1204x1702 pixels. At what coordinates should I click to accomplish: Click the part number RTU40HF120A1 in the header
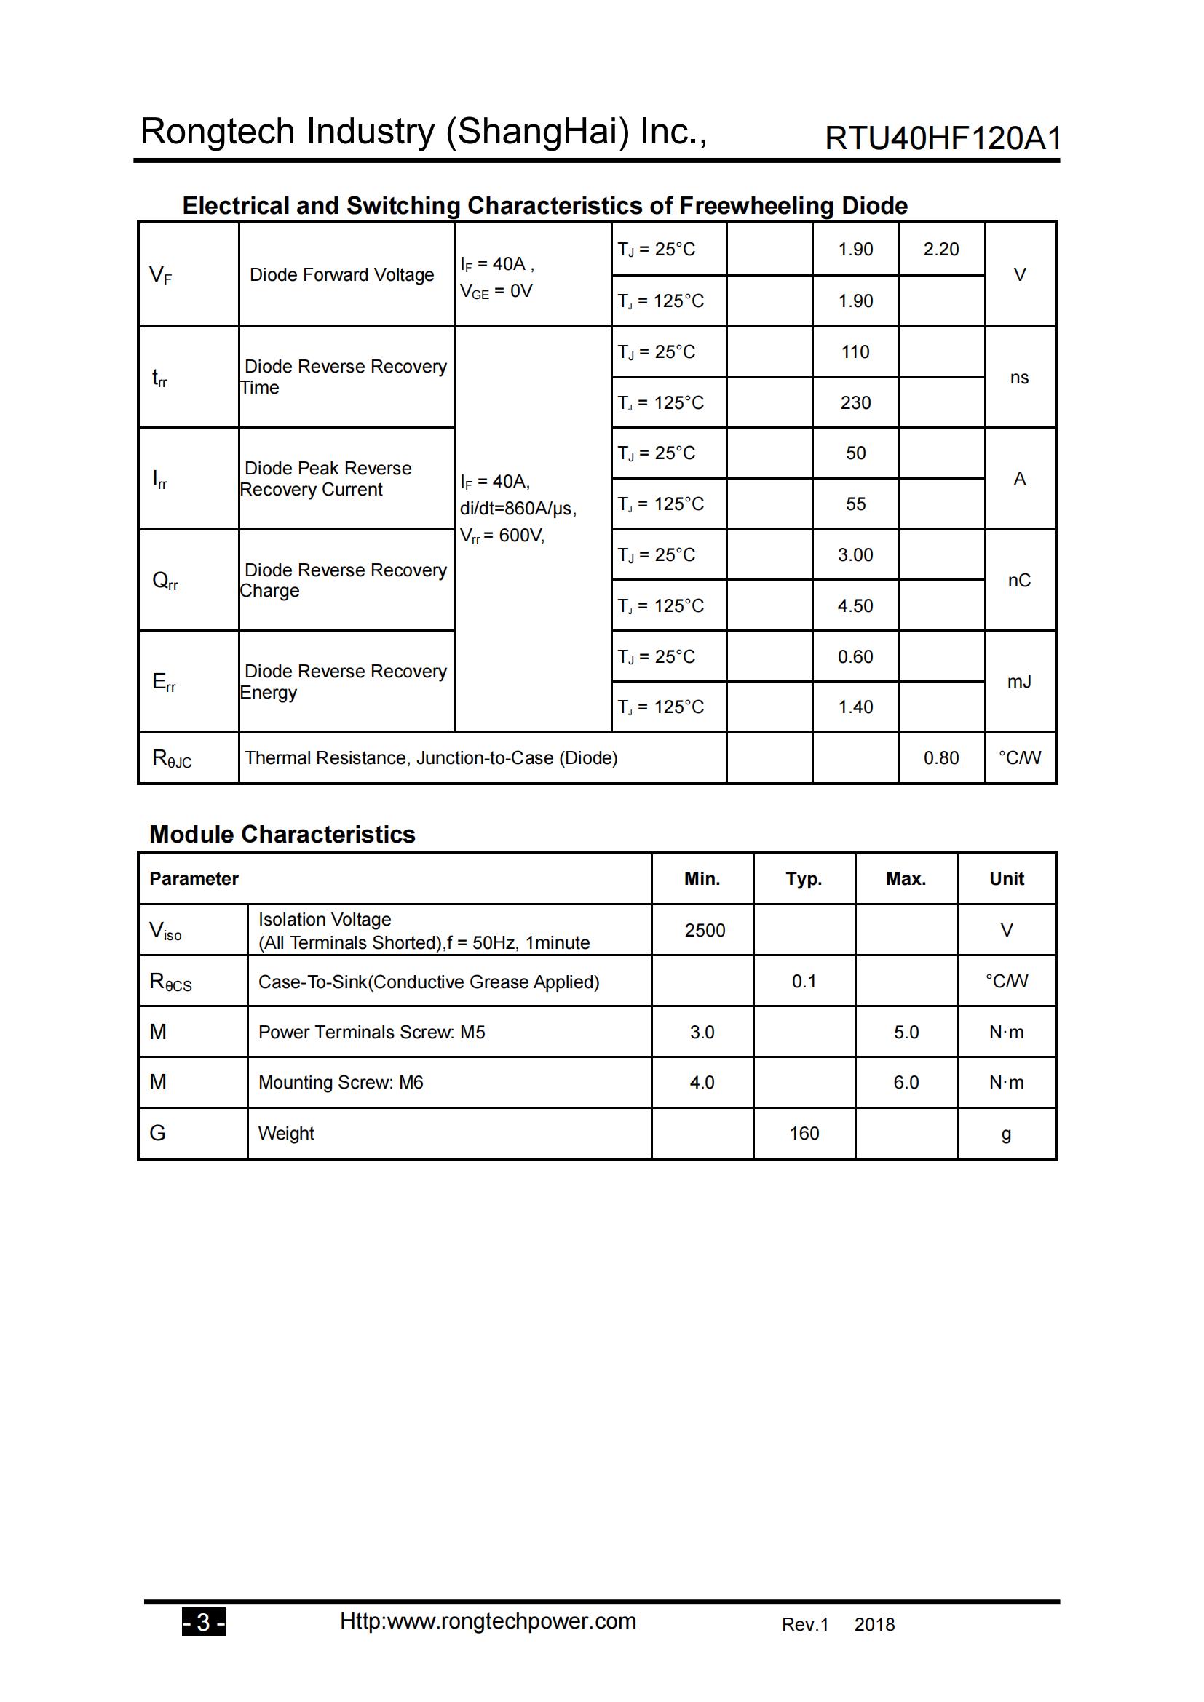[x=942, y=139]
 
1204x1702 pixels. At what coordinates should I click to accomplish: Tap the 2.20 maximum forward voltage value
[x=940, y=249]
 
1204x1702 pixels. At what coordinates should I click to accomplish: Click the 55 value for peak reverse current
[x=855, y=504]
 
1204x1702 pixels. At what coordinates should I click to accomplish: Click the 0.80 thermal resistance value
[x=940, y=757]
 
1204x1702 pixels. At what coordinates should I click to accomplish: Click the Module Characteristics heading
[x=282, y=835]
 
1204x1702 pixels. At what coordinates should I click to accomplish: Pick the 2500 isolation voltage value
[x=705, y=931]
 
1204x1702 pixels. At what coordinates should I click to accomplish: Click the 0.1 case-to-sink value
[x=804, y=982]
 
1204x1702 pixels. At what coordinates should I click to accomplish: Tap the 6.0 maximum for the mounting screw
[x=906, y=1082]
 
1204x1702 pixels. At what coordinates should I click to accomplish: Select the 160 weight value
[x=804, y=1134]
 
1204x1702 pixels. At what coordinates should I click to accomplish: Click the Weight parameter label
[x=285, y=1134]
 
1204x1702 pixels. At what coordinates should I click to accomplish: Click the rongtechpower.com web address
[x=488, y=1621]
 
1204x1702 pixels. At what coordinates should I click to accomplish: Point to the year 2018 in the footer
[x=874, y=1625]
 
